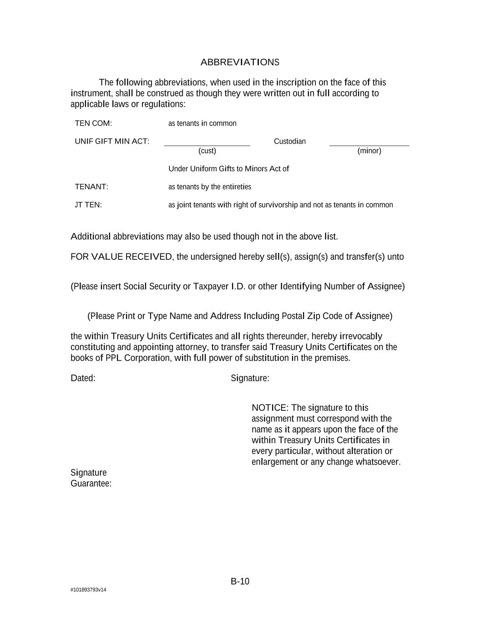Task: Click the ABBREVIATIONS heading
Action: pos(240,62)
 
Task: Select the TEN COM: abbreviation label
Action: pos(93,123)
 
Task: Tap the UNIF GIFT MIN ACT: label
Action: pos(112,141)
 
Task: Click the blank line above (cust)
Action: pos(207,145)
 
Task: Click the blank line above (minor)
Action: pos(369,145)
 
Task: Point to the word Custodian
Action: pos(290,141)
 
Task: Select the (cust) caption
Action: pos(207,151)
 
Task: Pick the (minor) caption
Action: pos(369,151)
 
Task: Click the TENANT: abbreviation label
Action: pos(91,187)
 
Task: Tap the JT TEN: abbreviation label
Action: pos(88,205)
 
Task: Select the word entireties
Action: pos(237,187)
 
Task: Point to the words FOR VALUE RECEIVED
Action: pos(121,257)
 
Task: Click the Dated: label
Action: pos(83,379)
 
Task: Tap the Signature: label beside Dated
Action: pos(250,379)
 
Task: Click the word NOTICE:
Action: pos(270,408)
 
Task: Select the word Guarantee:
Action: pos(91,484)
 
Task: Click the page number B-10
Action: pos(240,581)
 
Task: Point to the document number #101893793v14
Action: pos(88,590)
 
